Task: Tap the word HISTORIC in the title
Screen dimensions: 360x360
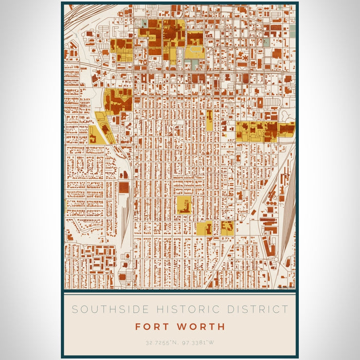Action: (172, 310)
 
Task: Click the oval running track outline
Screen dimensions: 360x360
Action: (194, 52)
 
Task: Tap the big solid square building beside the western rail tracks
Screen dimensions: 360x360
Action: (124, 187)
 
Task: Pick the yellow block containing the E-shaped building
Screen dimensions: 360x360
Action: (227, 227)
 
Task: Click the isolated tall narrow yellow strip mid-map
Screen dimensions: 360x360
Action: (209, 119)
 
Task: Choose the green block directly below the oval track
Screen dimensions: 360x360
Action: (192, 64)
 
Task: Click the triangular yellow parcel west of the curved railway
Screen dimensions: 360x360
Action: (96, 136)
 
